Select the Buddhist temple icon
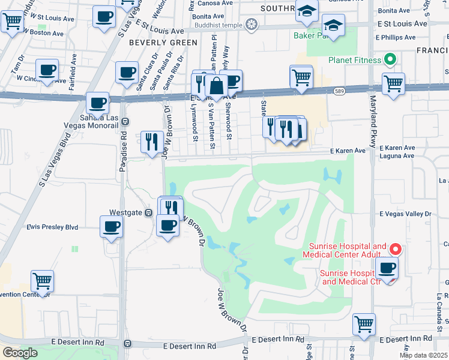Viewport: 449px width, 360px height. coord(251,25)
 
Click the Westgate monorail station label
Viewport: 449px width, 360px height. coord(125,212)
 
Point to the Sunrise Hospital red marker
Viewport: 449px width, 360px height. coord(395,248)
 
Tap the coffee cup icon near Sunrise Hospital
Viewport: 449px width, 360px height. coord(387,268)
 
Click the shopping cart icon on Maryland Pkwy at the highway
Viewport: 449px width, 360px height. coord(393,83)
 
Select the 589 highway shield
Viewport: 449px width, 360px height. coord(339,91)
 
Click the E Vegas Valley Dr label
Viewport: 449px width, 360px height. coord(405,214)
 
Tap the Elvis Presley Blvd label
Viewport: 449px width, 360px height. coord(52,227)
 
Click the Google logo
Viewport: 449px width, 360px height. coord(20,353)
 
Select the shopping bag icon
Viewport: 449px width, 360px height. coord(217,86)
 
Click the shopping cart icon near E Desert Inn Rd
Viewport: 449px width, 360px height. coord(364,324)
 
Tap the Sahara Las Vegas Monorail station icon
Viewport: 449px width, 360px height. coord(125,121)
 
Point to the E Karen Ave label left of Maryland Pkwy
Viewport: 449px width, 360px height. coord(347,151)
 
